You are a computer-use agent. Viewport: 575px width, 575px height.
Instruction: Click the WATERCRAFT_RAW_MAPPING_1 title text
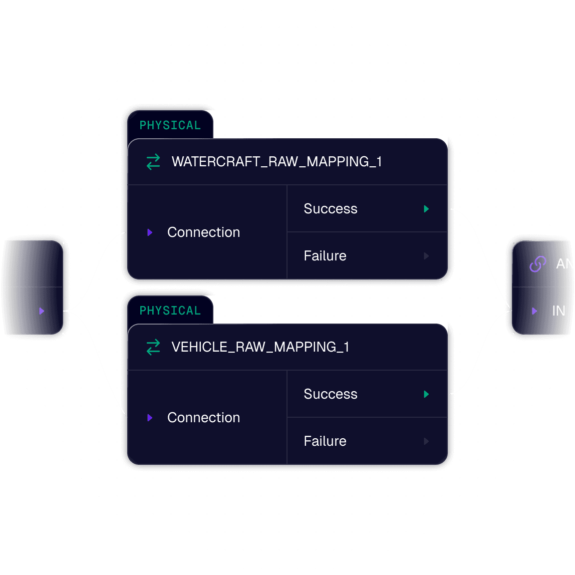coord(276,162)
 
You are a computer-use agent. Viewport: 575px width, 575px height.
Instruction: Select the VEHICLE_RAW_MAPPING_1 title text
coord(260,347)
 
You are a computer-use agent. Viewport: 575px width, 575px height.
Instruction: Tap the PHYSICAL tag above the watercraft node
coord(170,125)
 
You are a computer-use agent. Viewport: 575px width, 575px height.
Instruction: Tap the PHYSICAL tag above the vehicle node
coord(170,311)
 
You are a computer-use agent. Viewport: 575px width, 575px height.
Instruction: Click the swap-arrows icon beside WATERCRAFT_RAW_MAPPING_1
coord(153,162)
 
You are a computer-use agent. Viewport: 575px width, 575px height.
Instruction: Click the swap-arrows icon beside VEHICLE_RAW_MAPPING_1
coord(153,347)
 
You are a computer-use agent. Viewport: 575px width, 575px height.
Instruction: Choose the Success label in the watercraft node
coord(331,209)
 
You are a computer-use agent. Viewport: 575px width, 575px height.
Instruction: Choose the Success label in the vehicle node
coord(331,394)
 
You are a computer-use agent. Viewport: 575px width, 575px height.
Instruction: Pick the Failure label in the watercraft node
coord(325,256)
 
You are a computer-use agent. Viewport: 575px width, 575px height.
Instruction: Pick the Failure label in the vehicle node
coord(325,441)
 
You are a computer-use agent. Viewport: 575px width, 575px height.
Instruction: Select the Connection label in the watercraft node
coord(203,232)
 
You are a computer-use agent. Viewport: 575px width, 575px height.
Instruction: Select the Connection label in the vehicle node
coord(203,418)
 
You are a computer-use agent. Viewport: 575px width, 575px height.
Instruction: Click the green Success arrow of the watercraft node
coord(426,209)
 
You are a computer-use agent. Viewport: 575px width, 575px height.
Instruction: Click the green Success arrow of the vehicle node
coord(426,394)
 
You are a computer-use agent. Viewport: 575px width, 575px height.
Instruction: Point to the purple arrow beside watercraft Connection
coord(150,232)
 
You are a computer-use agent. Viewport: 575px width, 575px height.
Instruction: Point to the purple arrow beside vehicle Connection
coord(150,418)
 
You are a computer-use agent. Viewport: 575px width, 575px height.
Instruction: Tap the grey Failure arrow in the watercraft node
coord(426,256)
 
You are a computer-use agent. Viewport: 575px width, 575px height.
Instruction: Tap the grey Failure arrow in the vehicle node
coord(426,441)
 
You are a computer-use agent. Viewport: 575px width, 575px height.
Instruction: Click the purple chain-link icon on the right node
coord(537,264)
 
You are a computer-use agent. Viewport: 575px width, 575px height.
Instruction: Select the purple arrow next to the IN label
coord(534,311)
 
